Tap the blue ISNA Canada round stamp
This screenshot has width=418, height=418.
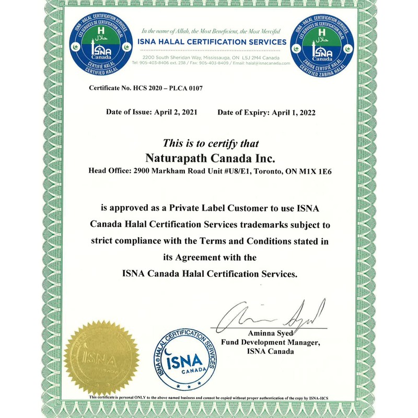185,361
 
